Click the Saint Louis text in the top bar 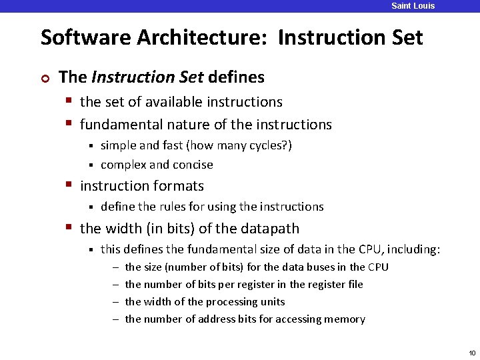(413, 6)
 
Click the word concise (193, 165)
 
